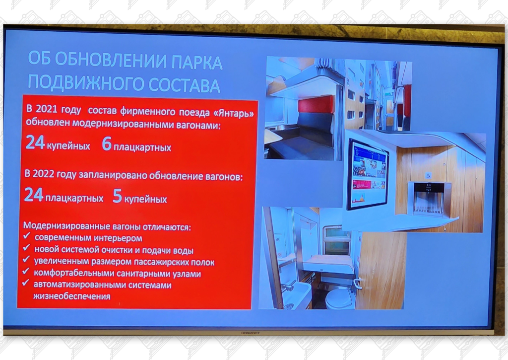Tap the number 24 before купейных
click(35, 144)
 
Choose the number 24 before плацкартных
click(34, 196)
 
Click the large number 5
click(118, 196)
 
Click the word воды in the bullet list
click(182, 250)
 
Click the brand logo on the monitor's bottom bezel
click(252, 331)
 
